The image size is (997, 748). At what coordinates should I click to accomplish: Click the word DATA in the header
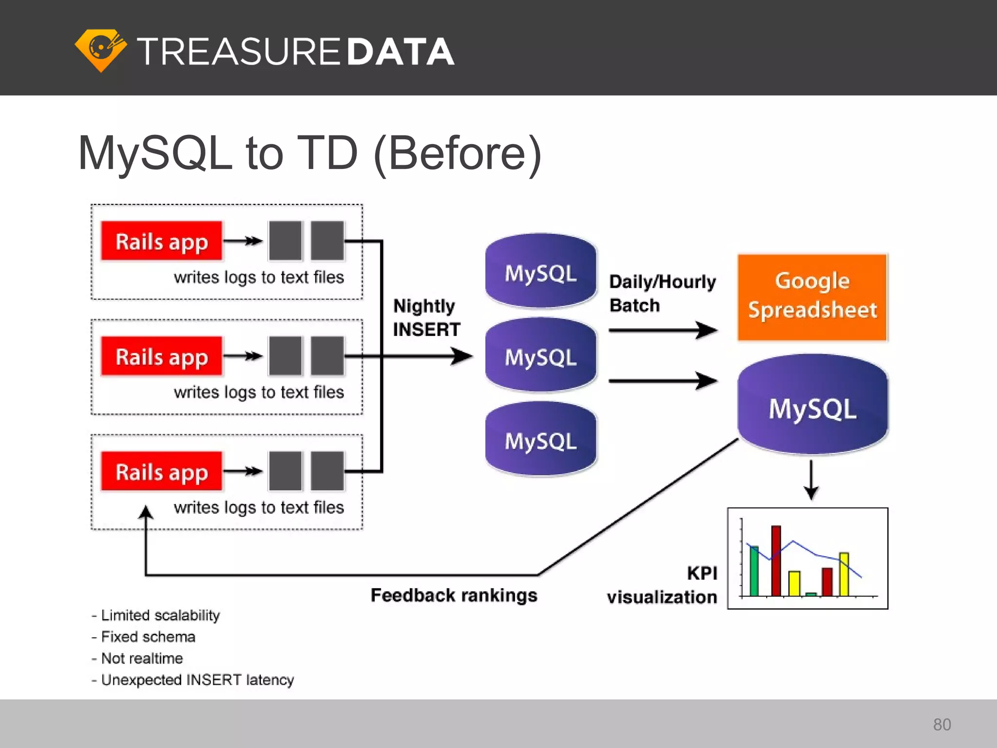[401, 52]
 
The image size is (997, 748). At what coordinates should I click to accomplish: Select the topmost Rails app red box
[162, 242]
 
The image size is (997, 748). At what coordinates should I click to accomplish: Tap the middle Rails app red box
[162, 356]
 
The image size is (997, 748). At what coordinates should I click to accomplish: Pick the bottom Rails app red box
[162, 471]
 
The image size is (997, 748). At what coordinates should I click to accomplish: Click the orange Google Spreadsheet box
[812, 297]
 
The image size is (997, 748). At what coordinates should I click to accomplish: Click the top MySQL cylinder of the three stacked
[541, 272]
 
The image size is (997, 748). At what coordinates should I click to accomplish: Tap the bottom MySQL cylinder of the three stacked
[541, 440]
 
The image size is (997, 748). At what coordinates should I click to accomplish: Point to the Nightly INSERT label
[426, 318]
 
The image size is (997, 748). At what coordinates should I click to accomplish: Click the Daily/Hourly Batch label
[662, 293]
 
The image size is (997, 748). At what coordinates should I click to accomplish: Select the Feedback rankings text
[454, 595]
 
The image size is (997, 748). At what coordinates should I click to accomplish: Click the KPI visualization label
[662, 585]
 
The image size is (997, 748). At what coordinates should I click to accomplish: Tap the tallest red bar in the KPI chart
[776, 560]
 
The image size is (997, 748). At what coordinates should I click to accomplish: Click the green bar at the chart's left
[754, 571]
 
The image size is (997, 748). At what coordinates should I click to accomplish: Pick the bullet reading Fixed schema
[148, 636]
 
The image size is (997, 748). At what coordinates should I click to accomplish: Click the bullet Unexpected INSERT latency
[197, 679]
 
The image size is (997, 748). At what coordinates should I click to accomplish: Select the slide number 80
[942, 724]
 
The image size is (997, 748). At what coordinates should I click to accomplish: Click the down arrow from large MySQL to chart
[811, 480]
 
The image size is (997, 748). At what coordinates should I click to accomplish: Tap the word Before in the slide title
[457, 153]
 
